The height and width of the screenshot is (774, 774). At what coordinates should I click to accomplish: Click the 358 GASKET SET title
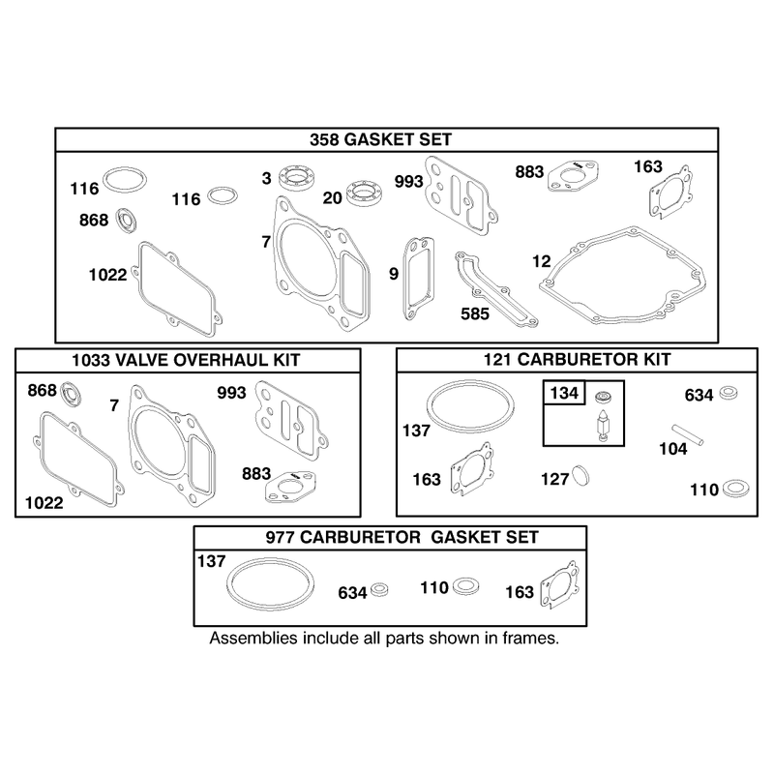click(x=380, y=139)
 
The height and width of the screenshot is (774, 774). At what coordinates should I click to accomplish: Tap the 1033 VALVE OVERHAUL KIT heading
click(x=186, y=360)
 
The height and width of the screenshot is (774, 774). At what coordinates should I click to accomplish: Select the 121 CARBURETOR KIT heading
click(x=577, y=359)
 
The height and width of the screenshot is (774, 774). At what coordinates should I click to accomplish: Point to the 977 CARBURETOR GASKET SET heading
click(x=402, y=537)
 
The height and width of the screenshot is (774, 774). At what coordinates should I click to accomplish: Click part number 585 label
click(x=475, y=313)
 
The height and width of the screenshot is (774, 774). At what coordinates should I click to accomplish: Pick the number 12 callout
click(x=542, y=261)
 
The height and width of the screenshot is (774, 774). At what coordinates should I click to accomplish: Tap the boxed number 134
click(x=564, y=393)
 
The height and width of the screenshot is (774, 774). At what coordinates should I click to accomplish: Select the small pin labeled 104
click(x=687, y=434)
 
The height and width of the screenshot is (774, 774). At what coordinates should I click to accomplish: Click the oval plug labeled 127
click(x=580, y=475)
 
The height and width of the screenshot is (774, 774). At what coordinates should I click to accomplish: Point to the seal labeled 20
click(x=365, y=193)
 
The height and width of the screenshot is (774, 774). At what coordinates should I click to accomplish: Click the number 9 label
click(x=394, y=274)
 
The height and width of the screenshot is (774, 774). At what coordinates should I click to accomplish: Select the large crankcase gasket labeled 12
click(x=622, y=276)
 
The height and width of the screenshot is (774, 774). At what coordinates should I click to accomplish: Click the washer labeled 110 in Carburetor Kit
click(x=735, y=489)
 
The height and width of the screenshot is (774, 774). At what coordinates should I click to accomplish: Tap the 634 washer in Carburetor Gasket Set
click(x=379, y=589)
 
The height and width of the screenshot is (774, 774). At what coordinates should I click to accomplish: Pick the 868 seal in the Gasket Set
click(x=127, y=221)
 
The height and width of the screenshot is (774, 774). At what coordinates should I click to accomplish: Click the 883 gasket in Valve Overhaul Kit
click(x=291, y=487)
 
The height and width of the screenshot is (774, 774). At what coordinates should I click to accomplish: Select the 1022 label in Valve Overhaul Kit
click(x=44, y=503)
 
